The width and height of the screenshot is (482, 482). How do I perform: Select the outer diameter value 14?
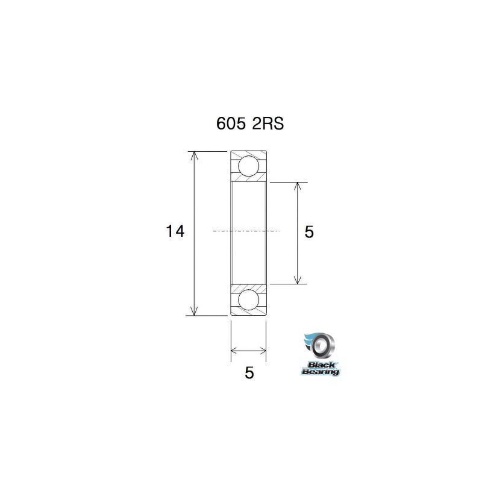(x=175, y=231)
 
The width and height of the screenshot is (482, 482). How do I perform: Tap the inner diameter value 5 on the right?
(x=309, y=232)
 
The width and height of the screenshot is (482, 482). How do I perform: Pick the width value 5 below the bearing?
(x=249, y=373)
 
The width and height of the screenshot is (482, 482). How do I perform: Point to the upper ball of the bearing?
(x=249, y=165)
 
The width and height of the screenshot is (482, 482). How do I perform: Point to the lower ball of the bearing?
(x=249, y=299)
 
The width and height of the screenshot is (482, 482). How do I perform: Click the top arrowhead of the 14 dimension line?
(x=194, y=155)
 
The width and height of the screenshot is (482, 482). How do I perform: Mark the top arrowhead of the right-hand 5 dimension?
(x=297, y=186)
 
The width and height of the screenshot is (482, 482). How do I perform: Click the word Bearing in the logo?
(x=321, y=372)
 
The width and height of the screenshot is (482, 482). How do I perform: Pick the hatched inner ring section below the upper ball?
(x=249, y=179)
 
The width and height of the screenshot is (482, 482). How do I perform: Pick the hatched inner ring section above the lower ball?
(x=249, y=286)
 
